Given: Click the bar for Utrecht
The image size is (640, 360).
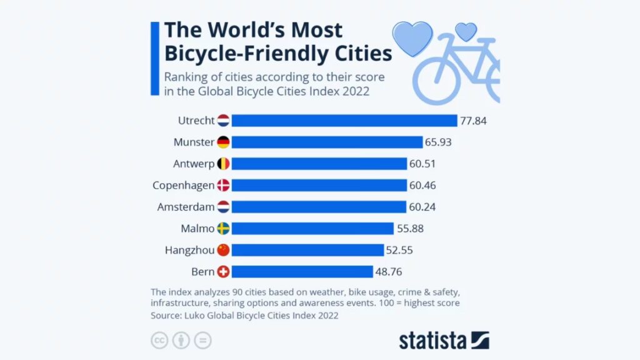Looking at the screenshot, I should tap(344, 121).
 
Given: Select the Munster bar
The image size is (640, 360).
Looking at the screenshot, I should tap(327, 142).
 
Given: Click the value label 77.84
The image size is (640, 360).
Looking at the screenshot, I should tap(474, 121).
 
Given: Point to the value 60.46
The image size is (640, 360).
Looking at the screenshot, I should tap(422, 186).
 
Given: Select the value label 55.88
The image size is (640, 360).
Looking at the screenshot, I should tap(410, 229).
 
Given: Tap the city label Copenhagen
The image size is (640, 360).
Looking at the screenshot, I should tap(183, 186).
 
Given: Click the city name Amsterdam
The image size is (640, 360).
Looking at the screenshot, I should tap(186, 207).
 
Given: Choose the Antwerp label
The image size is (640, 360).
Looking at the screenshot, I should tap(193, 164).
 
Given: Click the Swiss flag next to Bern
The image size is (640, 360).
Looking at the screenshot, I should tap(224, 272).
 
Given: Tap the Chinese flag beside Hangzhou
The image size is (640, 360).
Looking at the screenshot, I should tap(224, 250).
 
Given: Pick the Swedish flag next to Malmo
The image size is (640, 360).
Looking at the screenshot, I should tap(224, 229).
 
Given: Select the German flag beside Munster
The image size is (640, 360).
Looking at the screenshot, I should tap(224, 142).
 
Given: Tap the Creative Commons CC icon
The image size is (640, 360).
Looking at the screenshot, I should tap(159, 341).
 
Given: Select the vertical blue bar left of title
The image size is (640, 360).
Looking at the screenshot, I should tap(154, 57).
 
